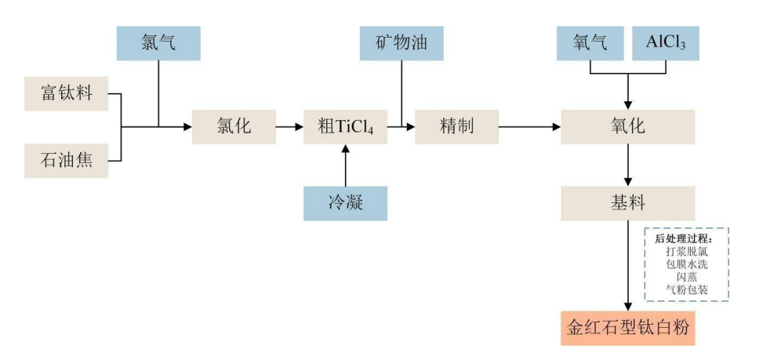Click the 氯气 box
click(158, 43)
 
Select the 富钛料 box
click(67, 94)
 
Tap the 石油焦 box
click(67, 160)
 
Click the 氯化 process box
click(234, 126)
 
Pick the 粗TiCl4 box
click(345, 126)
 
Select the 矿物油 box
click(401, 43)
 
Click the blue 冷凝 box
click(345, 203)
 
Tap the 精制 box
click(456, 126)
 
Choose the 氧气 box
click(590, 43)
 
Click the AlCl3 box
click(665, 43)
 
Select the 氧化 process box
click(627, 126)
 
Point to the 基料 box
click(627, 203)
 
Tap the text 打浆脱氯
click(687, 252)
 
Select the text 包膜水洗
click(687, 264)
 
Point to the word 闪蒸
click(687, 277)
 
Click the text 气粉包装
click(687, 289)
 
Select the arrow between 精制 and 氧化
click(529, 126)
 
